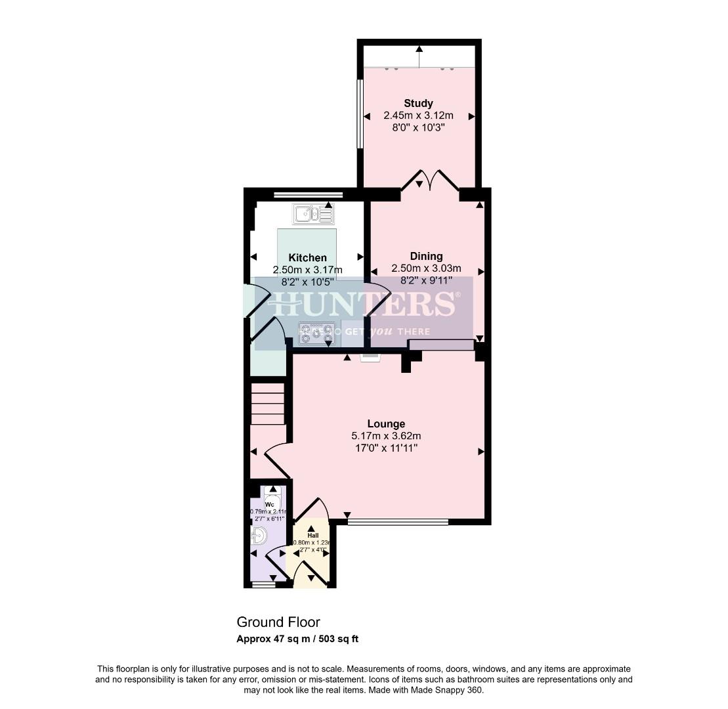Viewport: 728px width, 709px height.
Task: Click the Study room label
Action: (x=418, y=103)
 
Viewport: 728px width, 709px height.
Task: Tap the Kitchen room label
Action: (x=307, y=258)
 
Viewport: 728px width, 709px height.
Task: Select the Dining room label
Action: (x=426, y=256)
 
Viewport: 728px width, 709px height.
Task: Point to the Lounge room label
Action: (x=386, y=424)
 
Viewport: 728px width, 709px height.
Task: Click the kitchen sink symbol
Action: (x=313, y=214)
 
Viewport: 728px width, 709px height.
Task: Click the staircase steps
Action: (x=268, y=404)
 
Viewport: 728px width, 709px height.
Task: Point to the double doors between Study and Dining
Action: (x=429, y=181)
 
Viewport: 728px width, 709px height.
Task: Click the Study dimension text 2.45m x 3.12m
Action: (x=418, y=116)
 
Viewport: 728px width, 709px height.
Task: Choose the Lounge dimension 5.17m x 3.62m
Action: (x=386, y=436)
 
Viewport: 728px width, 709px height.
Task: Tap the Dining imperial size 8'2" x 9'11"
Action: (x=426, y=280)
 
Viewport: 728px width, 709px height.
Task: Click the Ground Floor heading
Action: (x=278, y=622)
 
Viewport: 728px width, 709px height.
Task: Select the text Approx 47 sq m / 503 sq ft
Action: (x=297, y=639)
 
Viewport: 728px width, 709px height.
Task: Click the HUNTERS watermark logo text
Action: (x=363, y=305)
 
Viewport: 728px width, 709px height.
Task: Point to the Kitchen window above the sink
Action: (x=308, y=194)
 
